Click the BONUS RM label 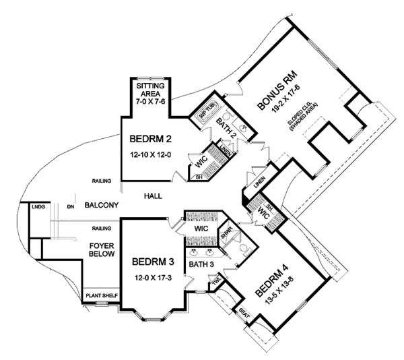(x=277, y=88)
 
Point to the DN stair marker (x=70, y=206)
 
